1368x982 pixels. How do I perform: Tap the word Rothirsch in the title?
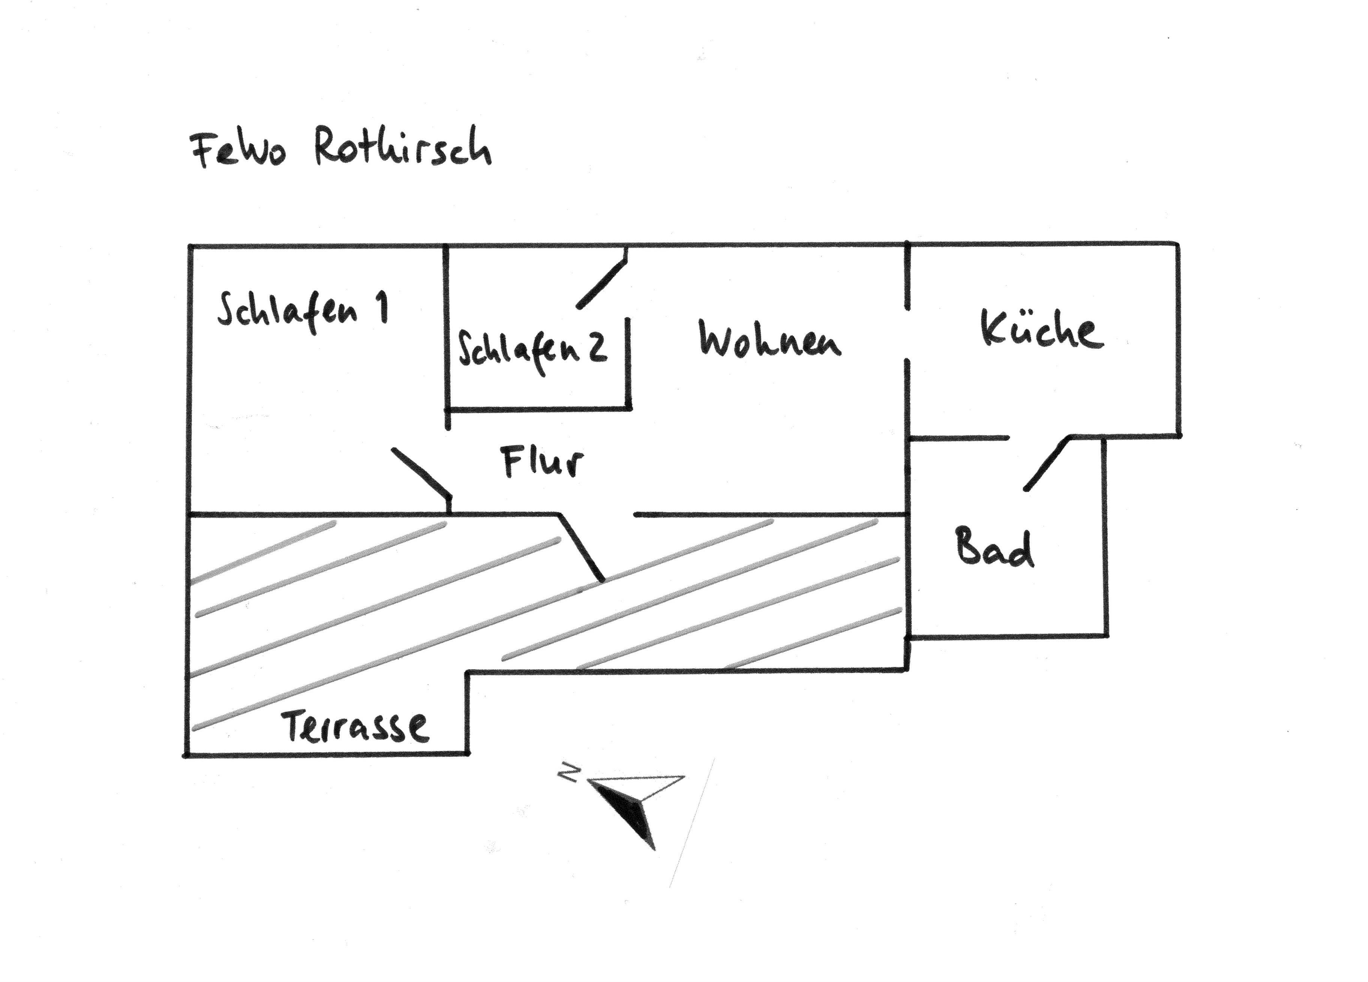tap(403, 147)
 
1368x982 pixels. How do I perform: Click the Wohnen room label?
tap(769, 340)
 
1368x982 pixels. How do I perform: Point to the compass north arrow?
tap(627, 808)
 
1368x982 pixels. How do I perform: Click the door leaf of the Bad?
tap(1047, 463)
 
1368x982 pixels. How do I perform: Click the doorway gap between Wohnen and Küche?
tap(907, 335)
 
